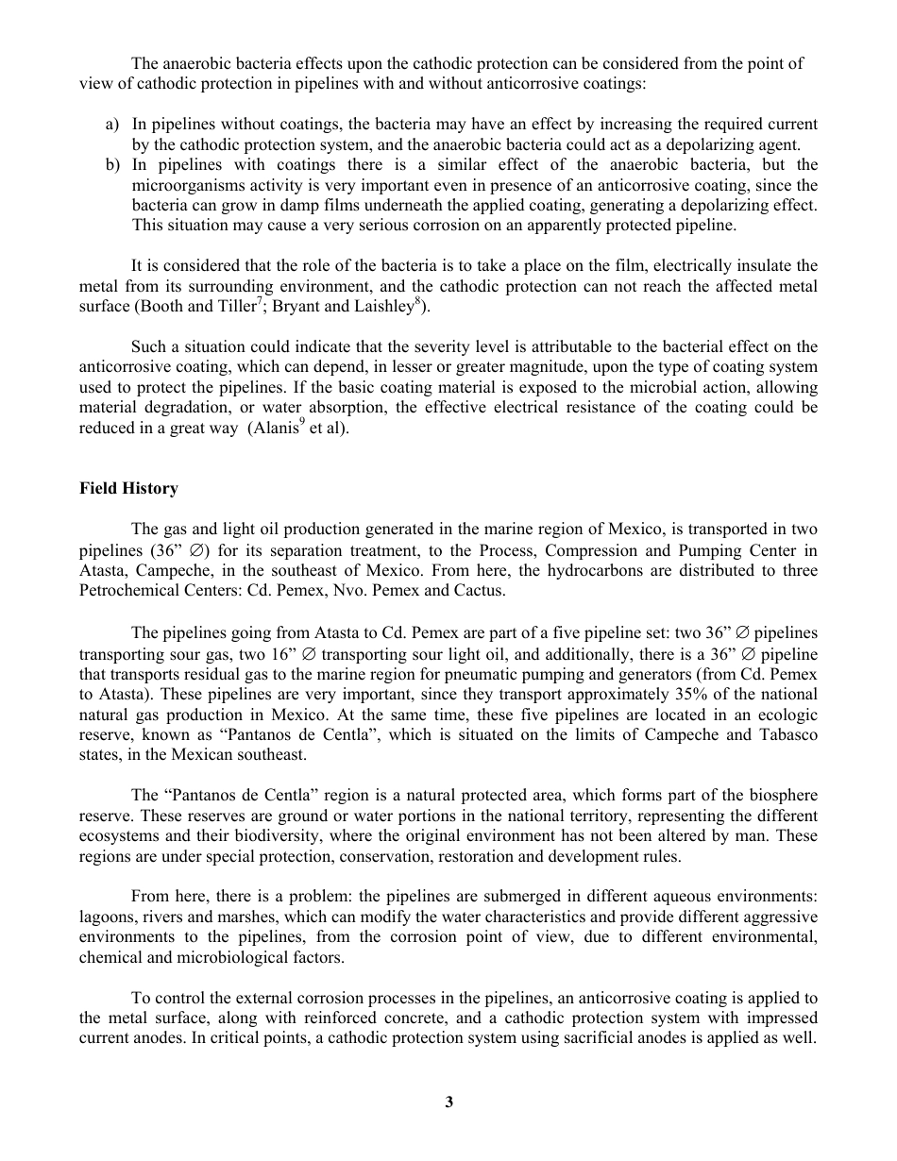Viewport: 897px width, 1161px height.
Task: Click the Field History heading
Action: (x=128, y=488)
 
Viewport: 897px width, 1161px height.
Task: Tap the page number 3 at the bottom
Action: (x=449, y=1102)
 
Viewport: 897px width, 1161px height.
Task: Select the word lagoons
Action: (x=108, y=918)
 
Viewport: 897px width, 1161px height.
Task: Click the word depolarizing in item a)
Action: (x=712, y=145)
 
